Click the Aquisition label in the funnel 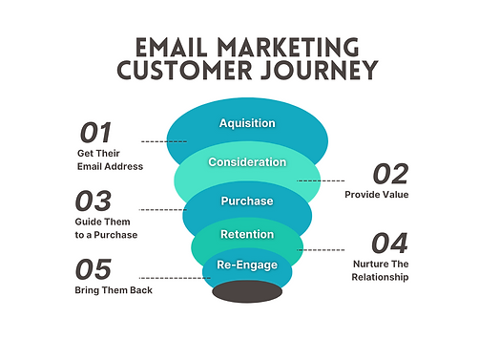pyautogui.click(x=247, y=123)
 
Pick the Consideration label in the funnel pyautogui.click(x=247, y=162)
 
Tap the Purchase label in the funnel pyautogui.click(x=247, y=201)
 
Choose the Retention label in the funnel pyautogui.click(x=247, y=234)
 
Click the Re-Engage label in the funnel pyautogui.click(x=247, y=265)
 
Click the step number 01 pyautogui.click(x=95, y=133)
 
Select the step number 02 pyautogui.click(x=389, y=174)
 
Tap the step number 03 pyautogui.click(x=95, y=201)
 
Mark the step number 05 pyautogui.click(x=95, y=269)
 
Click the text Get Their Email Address pyautogui.click(x=110, y=159)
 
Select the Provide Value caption pyautogui.click(x=377, y=195)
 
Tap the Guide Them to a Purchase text pyautogui.click(x=108, y=228)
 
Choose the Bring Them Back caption pyautogui.click(x=114, y=289)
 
